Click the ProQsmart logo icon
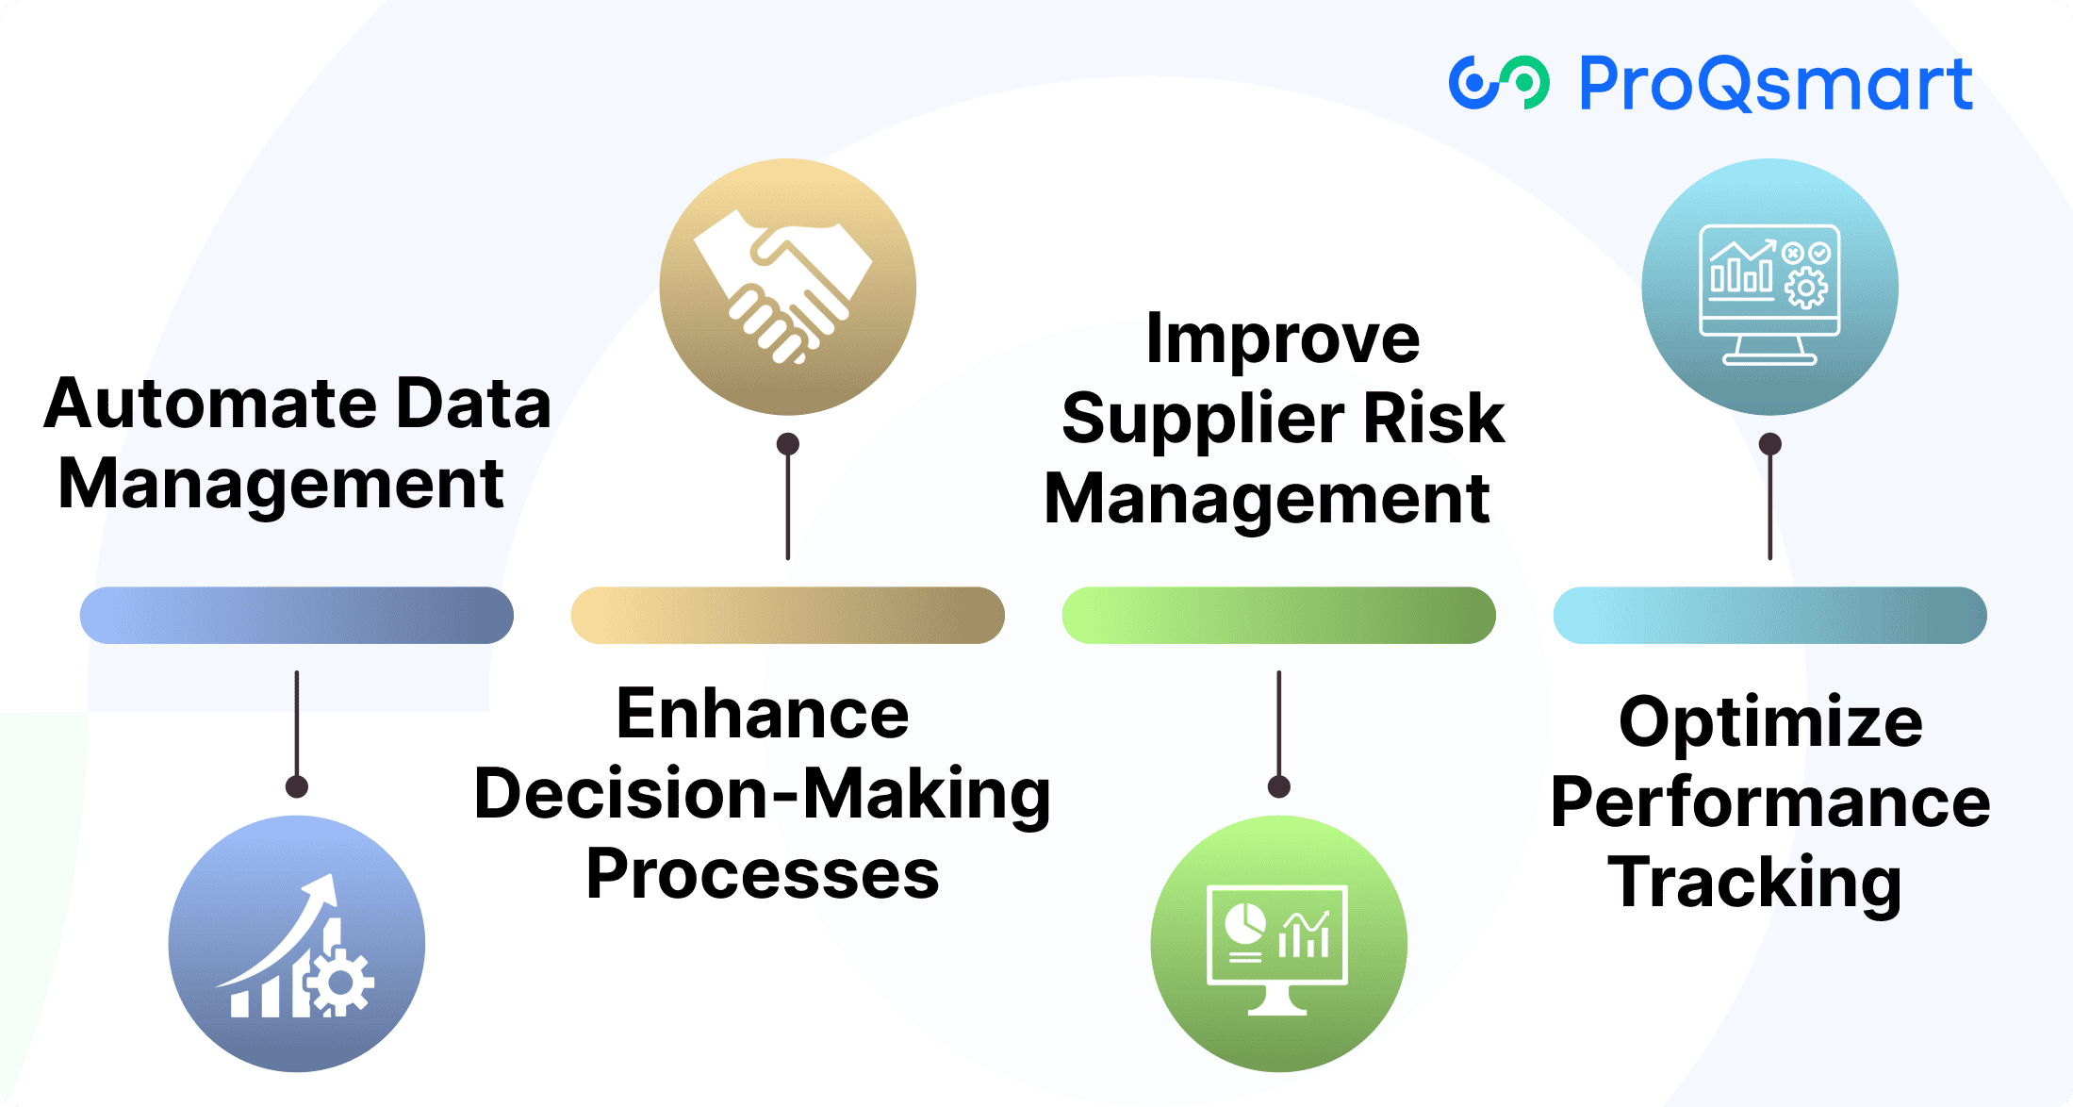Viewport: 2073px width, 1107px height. (1499, 83)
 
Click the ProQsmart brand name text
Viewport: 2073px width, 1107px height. (1775, 85)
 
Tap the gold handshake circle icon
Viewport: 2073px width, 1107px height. (787, 287)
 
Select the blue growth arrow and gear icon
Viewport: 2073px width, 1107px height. (297, 944)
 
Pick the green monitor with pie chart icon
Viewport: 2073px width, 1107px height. (1278, 944)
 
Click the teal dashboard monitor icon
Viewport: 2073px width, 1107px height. (1769, 287)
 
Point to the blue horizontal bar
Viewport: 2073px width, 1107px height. (297, 616)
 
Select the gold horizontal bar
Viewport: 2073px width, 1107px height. (787, 616)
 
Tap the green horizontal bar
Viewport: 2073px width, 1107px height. (1278, 616)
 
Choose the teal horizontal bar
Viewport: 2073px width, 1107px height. (1769, 616)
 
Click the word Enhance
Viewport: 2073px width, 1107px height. (763, 714)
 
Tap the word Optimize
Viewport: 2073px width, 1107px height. (1770, 722)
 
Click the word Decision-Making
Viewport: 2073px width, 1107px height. (762, 794)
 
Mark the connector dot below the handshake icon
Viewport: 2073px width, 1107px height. (788, 444)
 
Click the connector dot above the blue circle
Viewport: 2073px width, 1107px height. (297, 786)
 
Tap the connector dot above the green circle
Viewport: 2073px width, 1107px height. (1279, 786)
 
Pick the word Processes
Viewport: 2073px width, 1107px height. (763, 874)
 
